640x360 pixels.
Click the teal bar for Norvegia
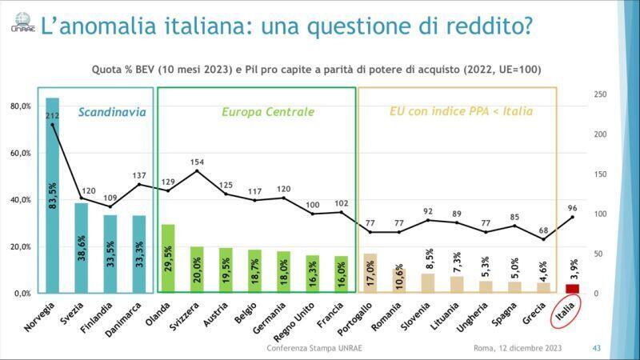(53, 195)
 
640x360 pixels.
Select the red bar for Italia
(572, 289)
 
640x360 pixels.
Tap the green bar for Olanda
(168, 258)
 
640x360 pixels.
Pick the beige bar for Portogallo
(370, 273)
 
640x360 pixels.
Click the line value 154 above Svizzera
(198, 162)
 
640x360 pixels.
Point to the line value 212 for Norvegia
(53, 117)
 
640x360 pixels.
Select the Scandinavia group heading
(112, 112)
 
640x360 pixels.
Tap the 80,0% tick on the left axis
(20, 106)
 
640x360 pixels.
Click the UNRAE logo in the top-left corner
(18, 24)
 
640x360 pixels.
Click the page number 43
(597, 348)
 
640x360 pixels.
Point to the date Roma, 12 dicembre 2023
(518, 348)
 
